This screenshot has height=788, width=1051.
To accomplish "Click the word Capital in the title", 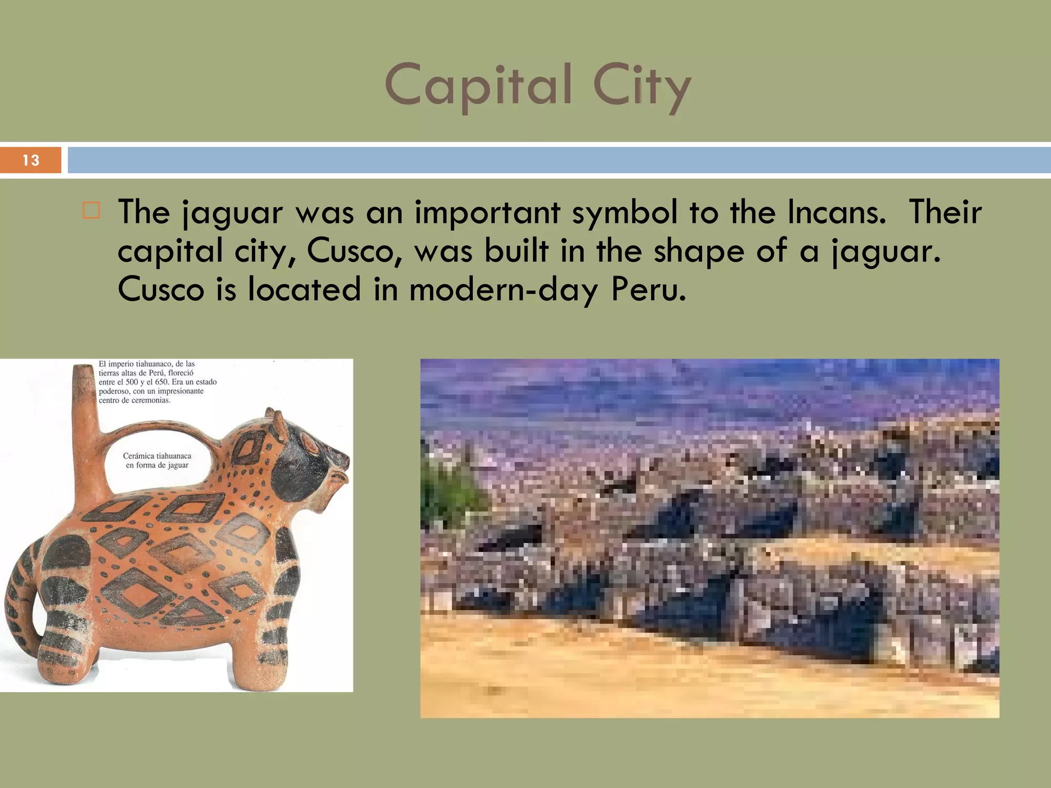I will coord(478,86).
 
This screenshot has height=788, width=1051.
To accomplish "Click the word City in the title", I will coord(641,86).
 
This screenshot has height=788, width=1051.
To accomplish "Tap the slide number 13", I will coord(31,160).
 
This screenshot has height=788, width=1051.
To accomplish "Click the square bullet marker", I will coord(91,211).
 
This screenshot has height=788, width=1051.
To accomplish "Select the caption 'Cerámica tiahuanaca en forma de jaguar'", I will coord(157,460).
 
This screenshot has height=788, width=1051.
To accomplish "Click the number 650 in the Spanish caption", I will coord(160,382).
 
